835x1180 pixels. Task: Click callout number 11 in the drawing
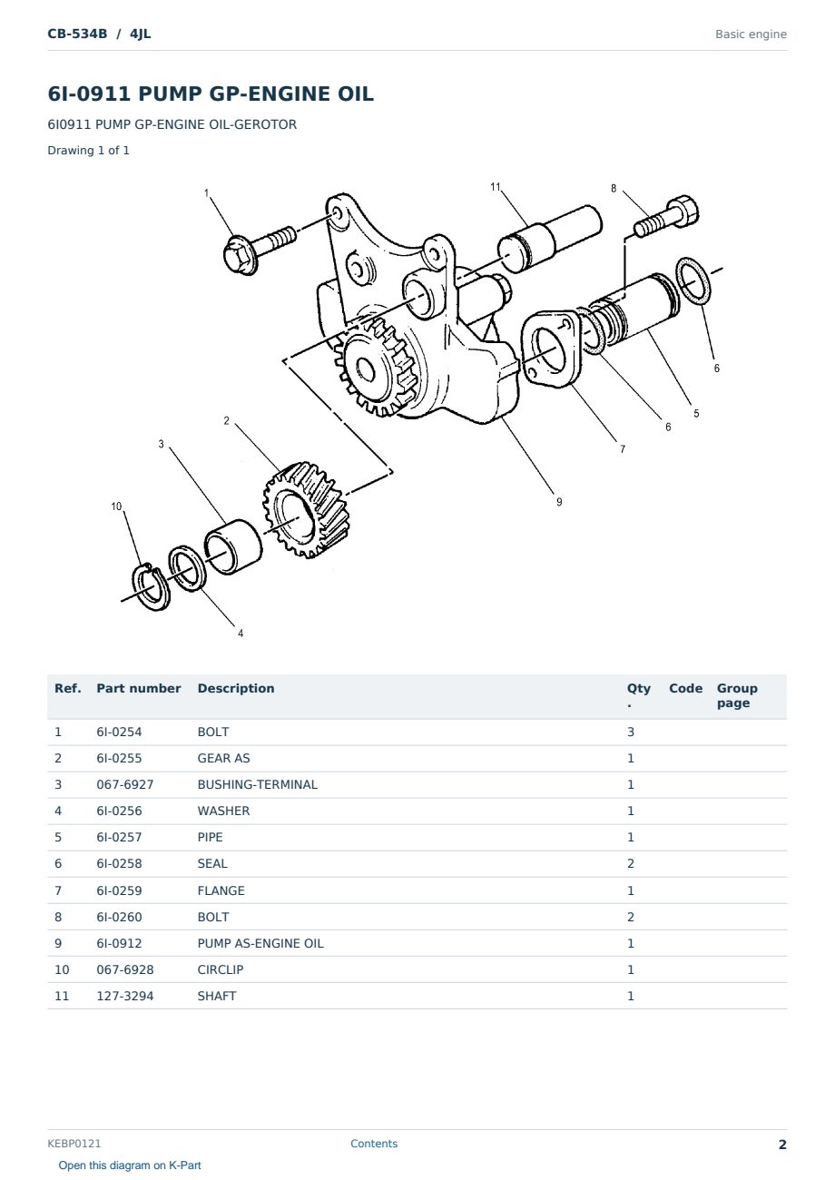point(495,187)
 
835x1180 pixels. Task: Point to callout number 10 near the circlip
point(116,506)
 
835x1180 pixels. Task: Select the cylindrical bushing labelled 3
point(232,546)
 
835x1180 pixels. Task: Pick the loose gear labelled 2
point(306,510)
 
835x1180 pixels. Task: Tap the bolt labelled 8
point(666,217)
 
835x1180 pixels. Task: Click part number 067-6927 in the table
point(125,784)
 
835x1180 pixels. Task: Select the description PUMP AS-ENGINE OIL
point(260,943)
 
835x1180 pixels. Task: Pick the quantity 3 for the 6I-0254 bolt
point(631,732)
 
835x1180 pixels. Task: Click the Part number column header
point(139,688)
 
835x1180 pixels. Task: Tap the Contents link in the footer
point(374,1144)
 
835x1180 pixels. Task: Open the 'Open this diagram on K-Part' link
point(130,1165)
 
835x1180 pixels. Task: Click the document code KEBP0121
point(74,1144)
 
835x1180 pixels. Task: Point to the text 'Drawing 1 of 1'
point(89,150)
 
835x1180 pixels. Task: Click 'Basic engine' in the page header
point(751,34)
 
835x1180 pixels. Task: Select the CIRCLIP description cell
point(221,969)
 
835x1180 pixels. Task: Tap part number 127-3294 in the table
point(125,996)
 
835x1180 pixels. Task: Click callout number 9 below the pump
point(559,502)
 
